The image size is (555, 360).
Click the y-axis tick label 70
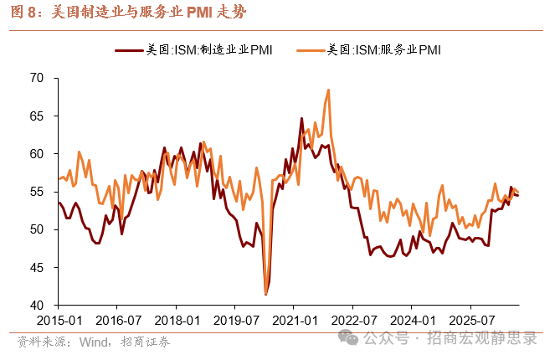tap(37, 78)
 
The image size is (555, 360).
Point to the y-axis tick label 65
tap(37, 116)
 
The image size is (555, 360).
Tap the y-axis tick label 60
tap(37, 154)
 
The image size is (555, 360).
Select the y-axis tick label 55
tap(37, 192)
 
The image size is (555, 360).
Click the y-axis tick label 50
tap(37, 229)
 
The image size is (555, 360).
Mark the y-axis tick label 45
tap(37, 268)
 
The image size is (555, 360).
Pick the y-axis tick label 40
tap(37, 305)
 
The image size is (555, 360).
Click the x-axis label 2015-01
tap(59, 321)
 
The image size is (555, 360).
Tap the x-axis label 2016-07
tap(118, 321)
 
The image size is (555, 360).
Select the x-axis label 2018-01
tap(177, 321)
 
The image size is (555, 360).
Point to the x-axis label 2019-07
tap(236, 321)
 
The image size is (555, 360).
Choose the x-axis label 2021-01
tap(295, 321)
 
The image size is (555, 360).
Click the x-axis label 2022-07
tap(353, 321)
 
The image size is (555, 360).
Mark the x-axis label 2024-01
tap(413, 321)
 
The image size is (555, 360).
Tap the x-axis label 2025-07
tap(471, 321)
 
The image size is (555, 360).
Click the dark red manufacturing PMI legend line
tap(129, 50)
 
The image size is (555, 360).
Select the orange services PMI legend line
tap(311, 50)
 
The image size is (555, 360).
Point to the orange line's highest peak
tap(328, 90)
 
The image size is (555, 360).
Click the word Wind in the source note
tap(94, 342)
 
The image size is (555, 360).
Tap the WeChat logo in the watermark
tap(348, 337)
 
